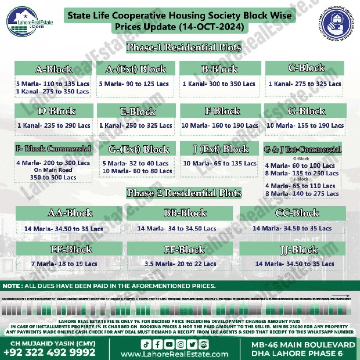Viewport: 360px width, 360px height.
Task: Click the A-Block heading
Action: tap(54, 70)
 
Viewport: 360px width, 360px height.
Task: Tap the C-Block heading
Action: tap(304, 69)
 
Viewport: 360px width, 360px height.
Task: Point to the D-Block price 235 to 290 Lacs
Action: tap(53, 125)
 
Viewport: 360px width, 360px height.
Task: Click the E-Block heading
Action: tap(135, 111)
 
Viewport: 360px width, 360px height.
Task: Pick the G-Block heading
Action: tap(304, 111)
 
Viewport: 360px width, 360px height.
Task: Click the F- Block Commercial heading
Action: tap(53, 149)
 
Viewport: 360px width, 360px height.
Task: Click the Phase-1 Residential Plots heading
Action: tap(185, 48)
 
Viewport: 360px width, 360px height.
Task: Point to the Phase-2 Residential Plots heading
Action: tap(185, 193)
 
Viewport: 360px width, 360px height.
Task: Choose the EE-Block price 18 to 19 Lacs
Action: tap(64, 264)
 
